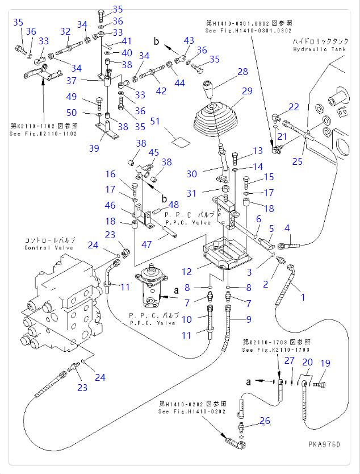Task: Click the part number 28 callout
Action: (x=243, y=72)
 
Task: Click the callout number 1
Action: (x=303, y=297)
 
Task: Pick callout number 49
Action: (x=72, y=96)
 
